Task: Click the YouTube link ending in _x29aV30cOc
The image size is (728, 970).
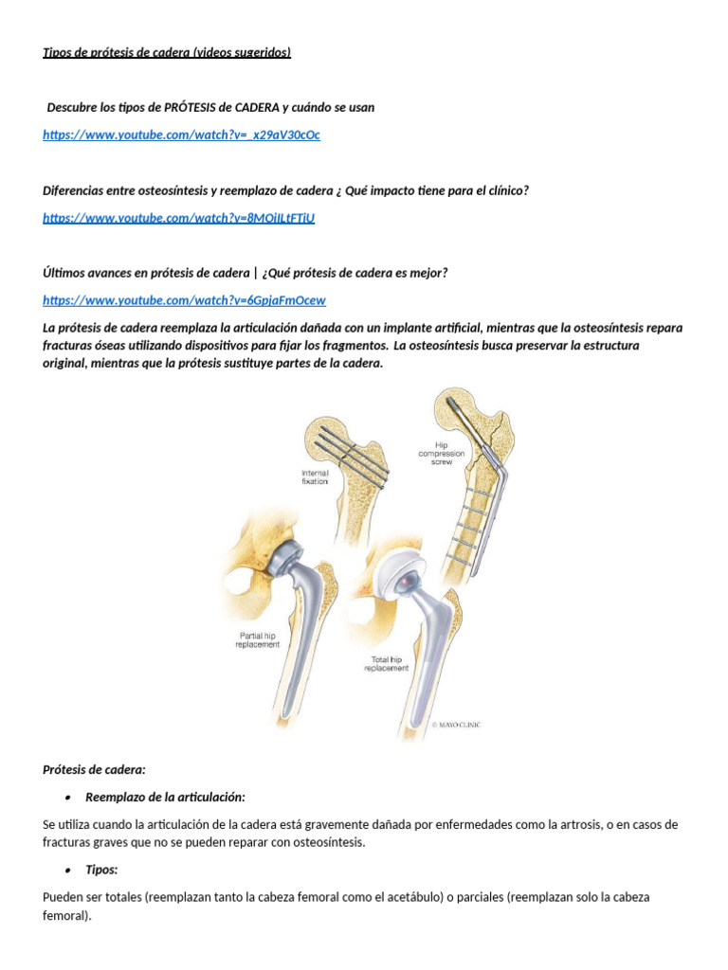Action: [181, 135]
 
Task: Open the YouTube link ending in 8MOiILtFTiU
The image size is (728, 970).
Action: [179, 218]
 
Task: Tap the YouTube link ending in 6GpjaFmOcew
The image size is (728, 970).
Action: [184, 300]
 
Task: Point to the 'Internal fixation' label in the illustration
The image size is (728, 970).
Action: [315, 477]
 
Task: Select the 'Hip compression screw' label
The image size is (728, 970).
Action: [442, 454]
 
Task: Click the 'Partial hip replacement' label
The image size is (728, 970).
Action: [258, 640]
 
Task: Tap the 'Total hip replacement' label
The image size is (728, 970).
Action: [387, 664]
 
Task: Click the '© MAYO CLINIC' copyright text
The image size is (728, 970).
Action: [456, 725]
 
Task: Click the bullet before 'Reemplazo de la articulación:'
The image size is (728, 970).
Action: [68, 798]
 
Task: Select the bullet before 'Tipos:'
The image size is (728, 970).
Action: [68, 871]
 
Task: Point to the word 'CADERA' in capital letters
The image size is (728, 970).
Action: [255, 108]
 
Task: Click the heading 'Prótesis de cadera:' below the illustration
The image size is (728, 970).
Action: [94, 770]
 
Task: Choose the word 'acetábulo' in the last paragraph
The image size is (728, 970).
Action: [417, 898]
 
